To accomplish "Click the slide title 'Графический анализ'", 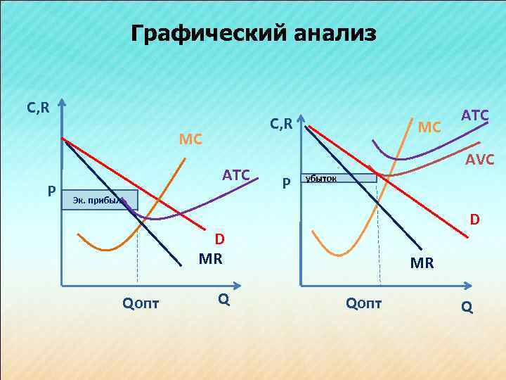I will (253, 33).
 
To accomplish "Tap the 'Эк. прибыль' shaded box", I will (99, 200).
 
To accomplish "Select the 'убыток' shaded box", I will (339, 178).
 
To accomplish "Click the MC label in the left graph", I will (190, 139).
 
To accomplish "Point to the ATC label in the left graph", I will (236, 175).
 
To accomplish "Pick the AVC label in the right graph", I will (480, 160).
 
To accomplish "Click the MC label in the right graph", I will (429, 128).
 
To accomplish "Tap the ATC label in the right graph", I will (475, 114).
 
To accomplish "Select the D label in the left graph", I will (219, 240).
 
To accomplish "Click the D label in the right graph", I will (475, 220).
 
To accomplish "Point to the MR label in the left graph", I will (210, 258).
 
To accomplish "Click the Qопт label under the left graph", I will (141, 303).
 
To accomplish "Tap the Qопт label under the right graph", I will (363, 303).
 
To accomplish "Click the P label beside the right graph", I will (285, 184).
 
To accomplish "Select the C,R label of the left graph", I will (38, 108).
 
